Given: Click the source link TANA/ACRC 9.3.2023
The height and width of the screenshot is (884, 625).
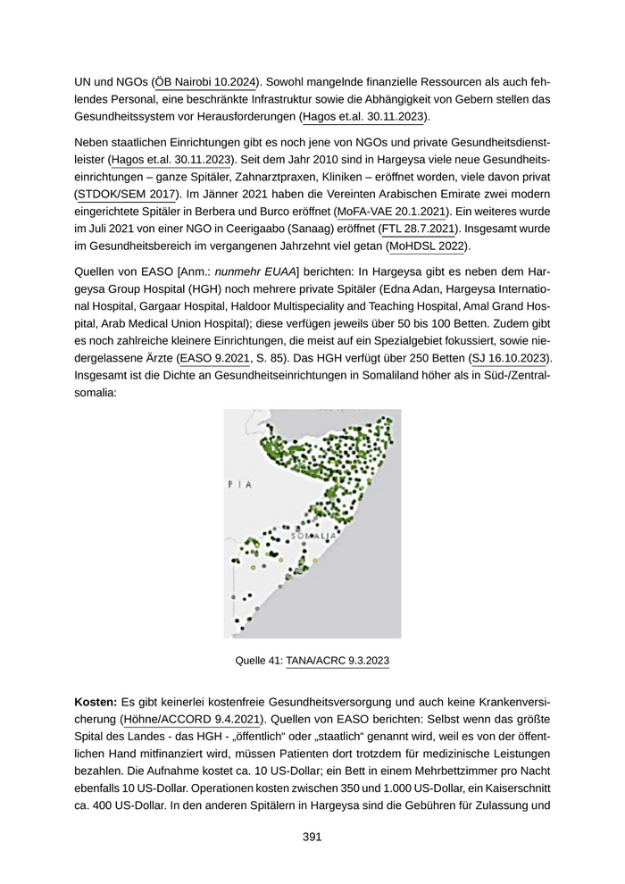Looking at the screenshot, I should [337, 661].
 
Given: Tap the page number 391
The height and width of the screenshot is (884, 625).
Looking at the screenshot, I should [312, 837].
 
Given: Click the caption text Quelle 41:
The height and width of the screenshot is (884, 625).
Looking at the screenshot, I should [258, 661].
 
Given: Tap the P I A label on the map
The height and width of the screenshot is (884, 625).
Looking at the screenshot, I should [240, 485].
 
